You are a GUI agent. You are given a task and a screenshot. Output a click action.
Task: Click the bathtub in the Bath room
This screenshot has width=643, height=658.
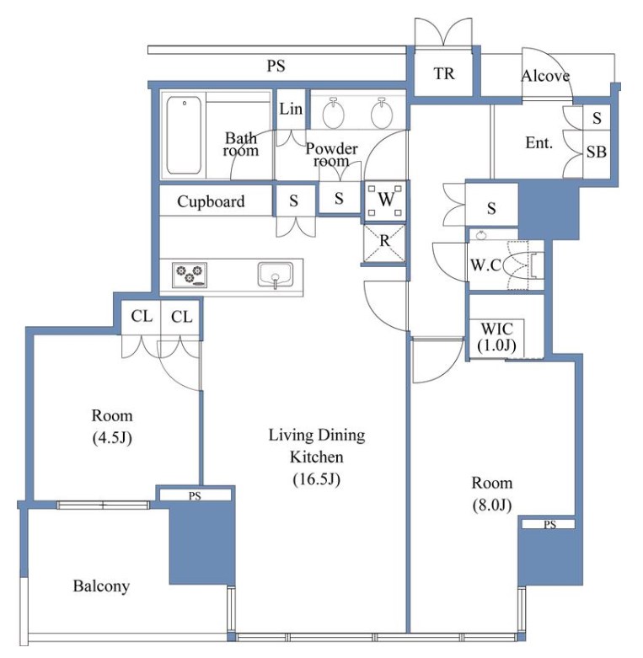(184, 135)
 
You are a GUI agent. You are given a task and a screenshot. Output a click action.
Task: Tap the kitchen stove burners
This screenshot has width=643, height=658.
(190, 275)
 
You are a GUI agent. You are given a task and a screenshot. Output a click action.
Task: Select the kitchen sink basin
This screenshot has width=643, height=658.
(276, 275)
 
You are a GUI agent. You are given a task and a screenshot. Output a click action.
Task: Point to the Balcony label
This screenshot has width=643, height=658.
(101, 586)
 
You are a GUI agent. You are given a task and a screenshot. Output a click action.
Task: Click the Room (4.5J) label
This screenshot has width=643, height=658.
(112, 426)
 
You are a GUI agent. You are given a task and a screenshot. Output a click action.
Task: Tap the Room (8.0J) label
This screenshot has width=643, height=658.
(492, 494)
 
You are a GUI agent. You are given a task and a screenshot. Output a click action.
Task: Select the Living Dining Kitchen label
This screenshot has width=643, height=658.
(317, 457)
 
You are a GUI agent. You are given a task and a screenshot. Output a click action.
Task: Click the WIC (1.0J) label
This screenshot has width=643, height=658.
(496, 337)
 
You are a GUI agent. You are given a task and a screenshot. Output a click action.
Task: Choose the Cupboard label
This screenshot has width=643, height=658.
(211, 201)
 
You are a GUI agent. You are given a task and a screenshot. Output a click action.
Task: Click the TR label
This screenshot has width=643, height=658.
(443, 74)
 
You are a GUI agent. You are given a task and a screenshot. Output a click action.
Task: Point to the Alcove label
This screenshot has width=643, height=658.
(545, 76)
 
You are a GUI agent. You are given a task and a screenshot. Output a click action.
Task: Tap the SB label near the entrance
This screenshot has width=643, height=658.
(597, 152)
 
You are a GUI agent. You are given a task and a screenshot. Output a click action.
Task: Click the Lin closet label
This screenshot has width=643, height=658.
(291, 110)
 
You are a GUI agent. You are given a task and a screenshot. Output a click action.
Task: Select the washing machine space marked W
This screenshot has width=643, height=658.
(385, 201)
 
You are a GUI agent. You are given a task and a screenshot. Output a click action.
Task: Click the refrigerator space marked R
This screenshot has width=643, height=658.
(384, 243)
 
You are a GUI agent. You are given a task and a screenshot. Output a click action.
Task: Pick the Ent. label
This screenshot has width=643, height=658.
(539, 143)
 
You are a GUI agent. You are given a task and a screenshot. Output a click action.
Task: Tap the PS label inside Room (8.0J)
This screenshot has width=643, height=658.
(549, 524)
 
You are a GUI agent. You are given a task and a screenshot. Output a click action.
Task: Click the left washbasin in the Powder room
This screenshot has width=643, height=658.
(334, 113)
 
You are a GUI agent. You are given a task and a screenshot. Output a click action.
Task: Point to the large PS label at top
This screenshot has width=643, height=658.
(276, 66)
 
